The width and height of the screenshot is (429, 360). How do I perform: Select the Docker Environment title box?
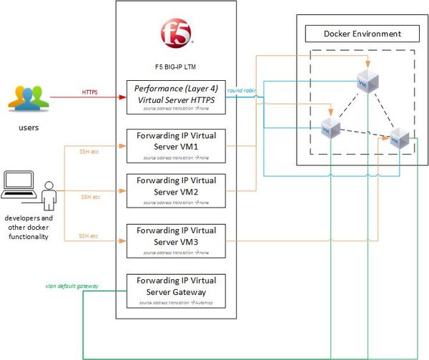click(362, 34)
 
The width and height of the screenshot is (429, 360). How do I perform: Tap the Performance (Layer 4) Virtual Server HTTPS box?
click(175, 96)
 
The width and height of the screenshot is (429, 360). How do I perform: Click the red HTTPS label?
click(90, 92)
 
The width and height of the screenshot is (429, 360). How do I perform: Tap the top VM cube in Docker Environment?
click(368, 81)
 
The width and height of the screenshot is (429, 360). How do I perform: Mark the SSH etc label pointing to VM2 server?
click(90, 196)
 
